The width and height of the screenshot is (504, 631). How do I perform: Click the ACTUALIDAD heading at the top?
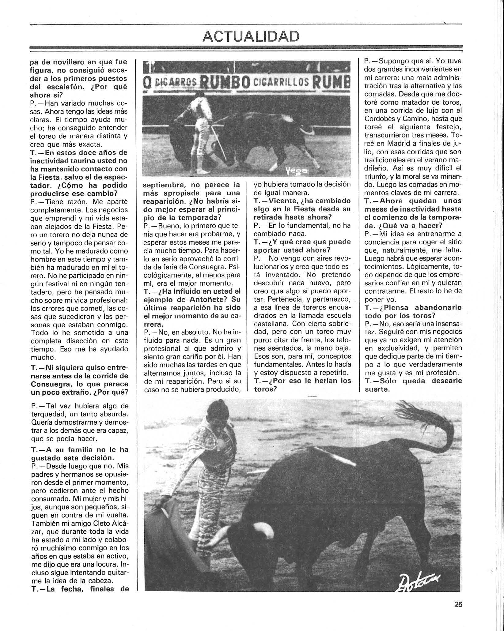[x=251, y=36]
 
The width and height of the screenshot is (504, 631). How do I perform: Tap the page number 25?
[x=458, y=605]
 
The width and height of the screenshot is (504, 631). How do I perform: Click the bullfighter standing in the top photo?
[x=202, y=129]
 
